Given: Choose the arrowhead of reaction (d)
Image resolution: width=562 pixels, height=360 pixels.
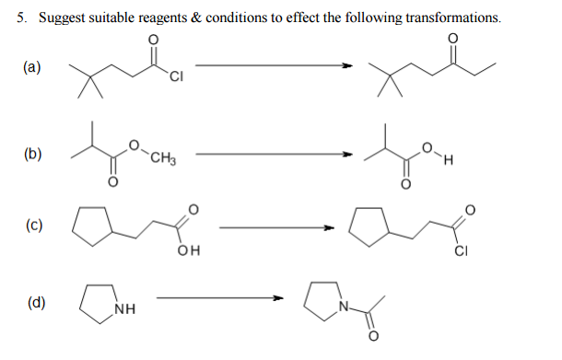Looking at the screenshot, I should click(278, 297).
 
